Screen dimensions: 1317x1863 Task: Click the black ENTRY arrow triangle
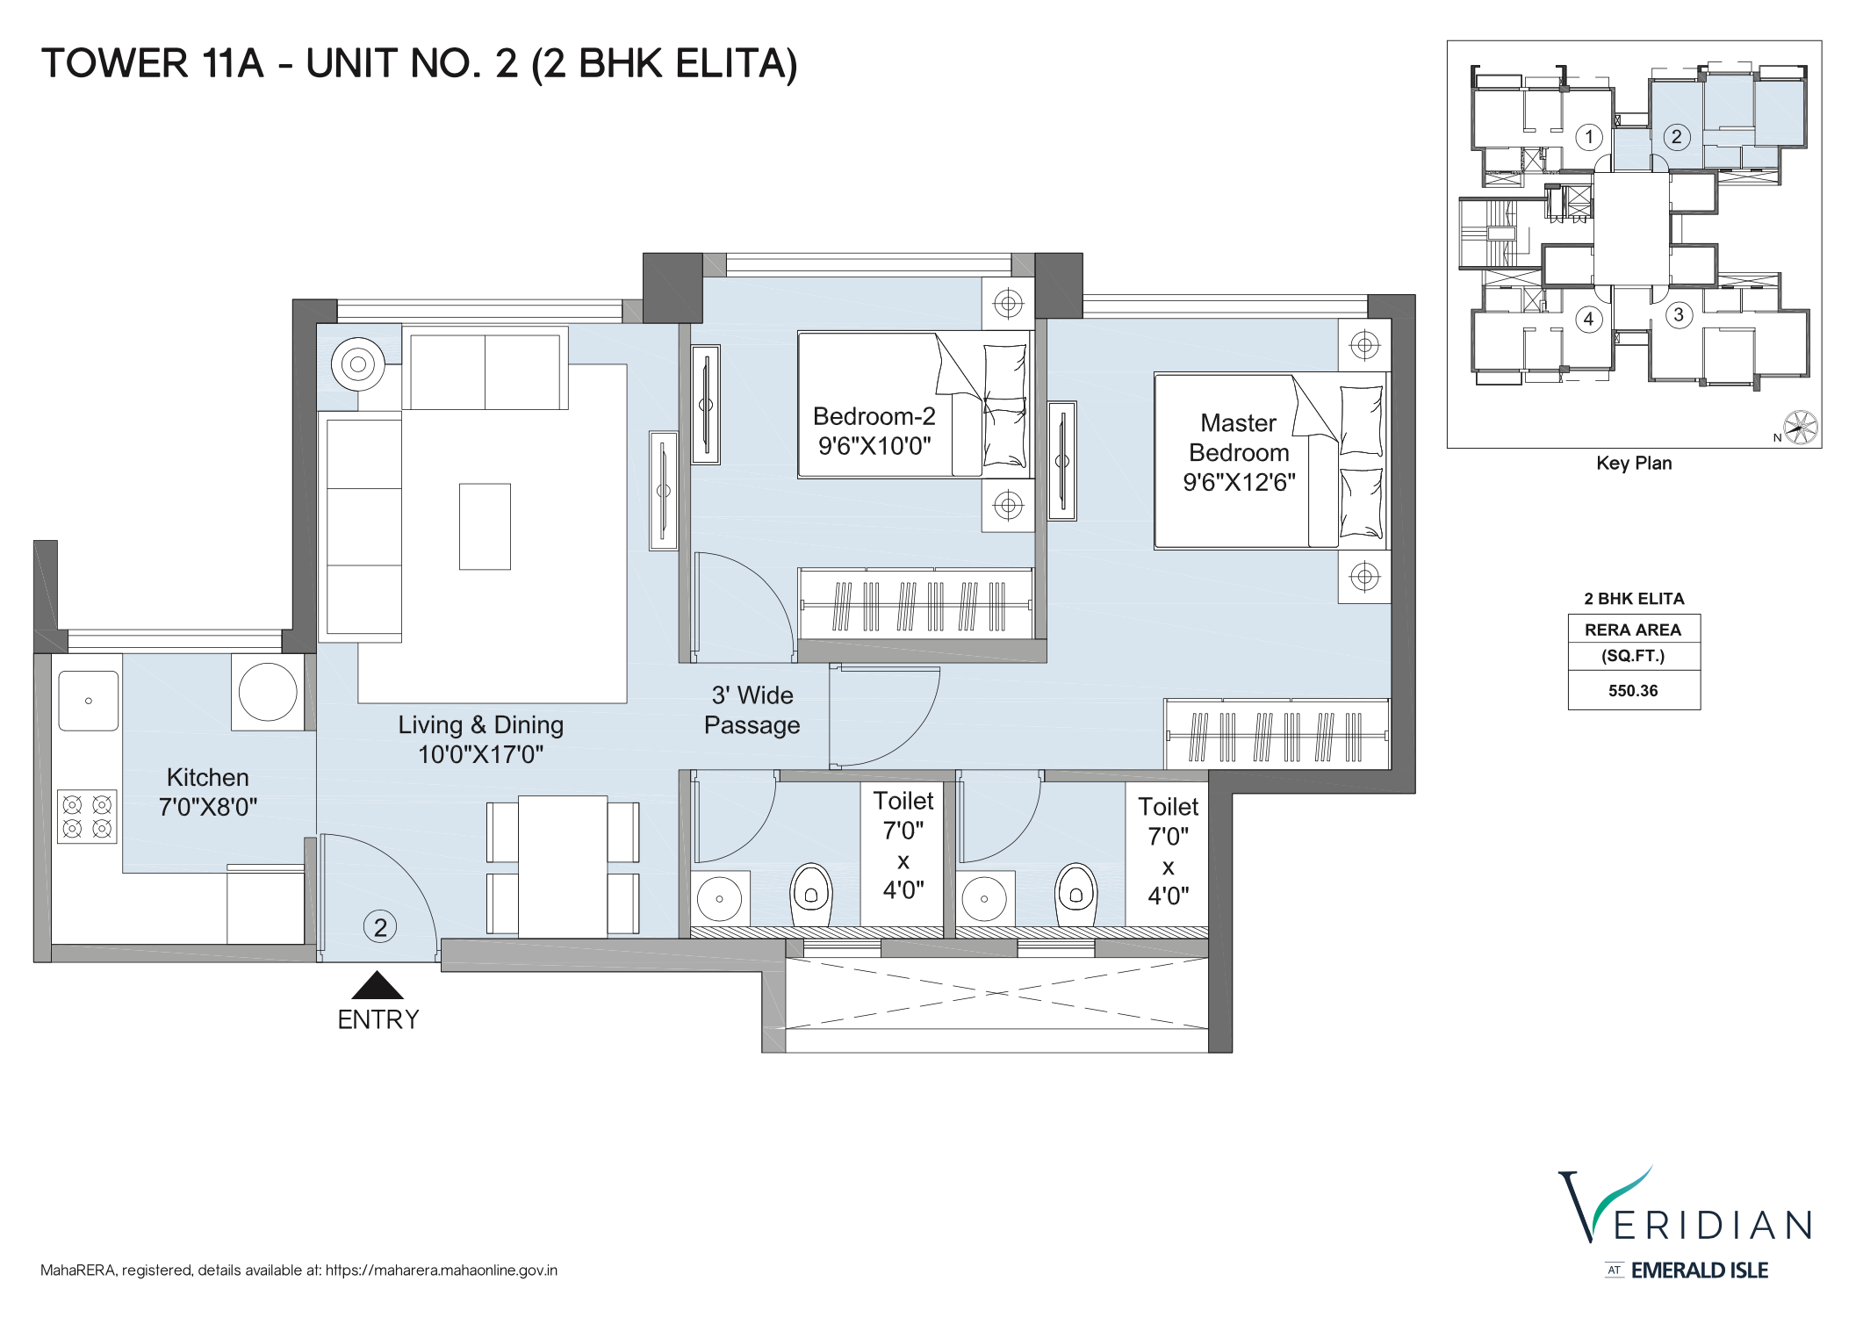pyautogui.click(x=378, y=987)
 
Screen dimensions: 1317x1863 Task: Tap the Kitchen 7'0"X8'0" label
pyautogui.click(x=208, y=792)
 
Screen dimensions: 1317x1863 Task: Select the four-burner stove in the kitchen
pyautogui.click(x=87, y=817)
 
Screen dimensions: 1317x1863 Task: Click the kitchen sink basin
pyautogui.click(x=88, y=701)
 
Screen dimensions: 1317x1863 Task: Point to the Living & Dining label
pyautogui.click(x=480, y=738)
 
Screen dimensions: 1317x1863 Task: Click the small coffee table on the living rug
pyautogui.click(x=485, y=527)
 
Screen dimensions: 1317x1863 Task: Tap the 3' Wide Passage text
pyautogui.click(x=752, y=710)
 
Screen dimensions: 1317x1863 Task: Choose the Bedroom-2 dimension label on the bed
pyautogui.click(x=874, y=431)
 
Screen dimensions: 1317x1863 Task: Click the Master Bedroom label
pyautogui.click(x=1239, y=452)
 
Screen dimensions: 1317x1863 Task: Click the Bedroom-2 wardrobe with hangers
pyautogui.click(x=916, y=605)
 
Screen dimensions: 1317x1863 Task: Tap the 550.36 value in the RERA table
pyautogui.click(x=1633, y=691)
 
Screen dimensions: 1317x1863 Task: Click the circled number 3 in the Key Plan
pyautogui.click(x=1679, y=314)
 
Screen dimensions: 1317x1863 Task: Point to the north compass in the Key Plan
pyautogui.click(x=1800, y=428)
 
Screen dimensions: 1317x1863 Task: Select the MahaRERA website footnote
pyautogui.click(x=299, y=1270)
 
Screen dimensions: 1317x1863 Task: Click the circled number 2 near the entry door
pyautogui.click(x=380, y=927)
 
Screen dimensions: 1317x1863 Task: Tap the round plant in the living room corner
pyautogui.click(x=358, y=363)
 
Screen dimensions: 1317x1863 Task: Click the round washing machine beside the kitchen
pyautogui.click(x=268, y=692)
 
